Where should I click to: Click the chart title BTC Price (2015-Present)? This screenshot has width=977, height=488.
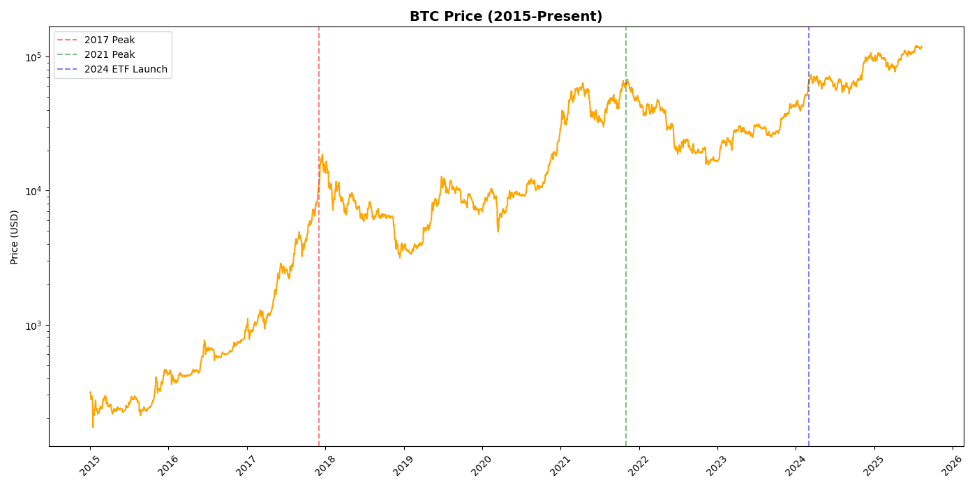(506, 17)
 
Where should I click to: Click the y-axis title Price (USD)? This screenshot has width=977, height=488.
(15, 237)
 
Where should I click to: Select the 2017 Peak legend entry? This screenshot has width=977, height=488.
(110, 40)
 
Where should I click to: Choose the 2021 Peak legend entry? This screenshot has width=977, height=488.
(110, 55)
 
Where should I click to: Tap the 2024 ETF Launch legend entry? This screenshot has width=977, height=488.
(126, 70)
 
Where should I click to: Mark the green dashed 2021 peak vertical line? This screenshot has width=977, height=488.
(626, 279)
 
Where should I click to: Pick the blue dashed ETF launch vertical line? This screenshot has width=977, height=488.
(809, 279)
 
